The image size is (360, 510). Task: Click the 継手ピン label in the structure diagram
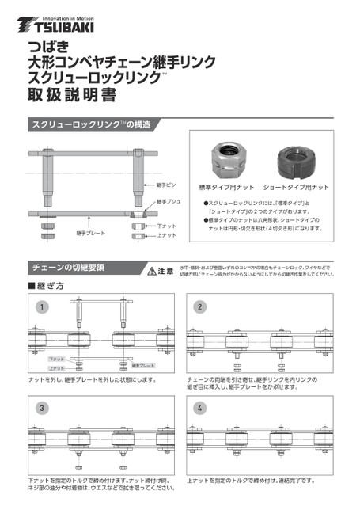coord(167,185)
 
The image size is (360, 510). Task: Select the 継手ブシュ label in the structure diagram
coord(169,203)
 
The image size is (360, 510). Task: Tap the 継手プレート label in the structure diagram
coord(91,234)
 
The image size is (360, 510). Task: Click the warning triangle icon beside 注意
coord(153,271)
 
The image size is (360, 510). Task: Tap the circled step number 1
coord(42,306)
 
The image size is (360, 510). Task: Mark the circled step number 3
coord(42,408)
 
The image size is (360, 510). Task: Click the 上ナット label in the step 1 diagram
coord(56,368)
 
